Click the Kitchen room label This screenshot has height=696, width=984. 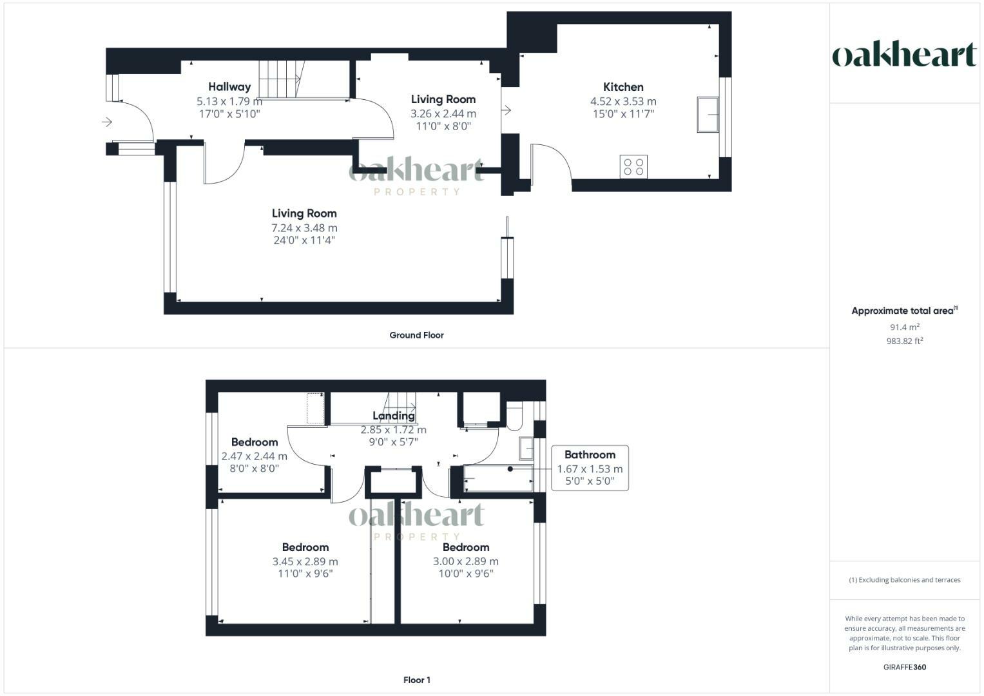tap(622, 87)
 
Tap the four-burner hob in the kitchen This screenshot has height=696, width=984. tap(633, 166)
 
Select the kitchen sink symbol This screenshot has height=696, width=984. tap(708, 115)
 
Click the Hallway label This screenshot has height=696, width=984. tap(229, 87)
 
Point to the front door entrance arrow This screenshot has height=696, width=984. tap(107, 122)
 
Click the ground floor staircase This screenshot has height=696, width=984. tap(280, 79)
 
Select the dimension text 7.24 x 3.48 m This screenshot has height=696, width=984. tap(304, 227)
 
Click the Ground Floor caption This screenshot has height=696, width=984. tap(416, 335)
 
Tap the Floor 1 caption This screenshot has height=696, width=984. tap(416, 680)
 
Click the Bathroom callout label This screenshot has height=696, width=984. tap(589, 455)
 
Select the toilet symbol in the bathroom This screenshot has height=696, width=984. tap(514, 416)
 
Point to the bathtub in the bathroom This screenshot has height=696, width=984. tap(498, 478)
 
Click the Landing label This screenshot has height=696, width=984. tap(393, 416)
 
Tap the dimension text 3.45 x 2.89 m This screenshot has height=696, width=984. tap(305, 561)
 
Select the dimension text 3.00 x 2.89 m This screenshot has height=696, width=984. tap(465, 561)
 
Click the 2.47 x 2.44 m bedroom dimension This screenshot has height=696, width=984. tap(254, 456)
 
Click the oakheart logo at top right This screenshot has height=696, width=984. tap(904, 55)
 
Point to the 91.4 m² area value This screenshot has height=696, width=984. tap(904, 327)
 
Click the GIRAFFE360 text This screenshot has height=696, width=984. tap(904, 667)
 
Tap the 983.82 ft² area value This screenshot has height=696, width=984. tap(904, 342)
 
